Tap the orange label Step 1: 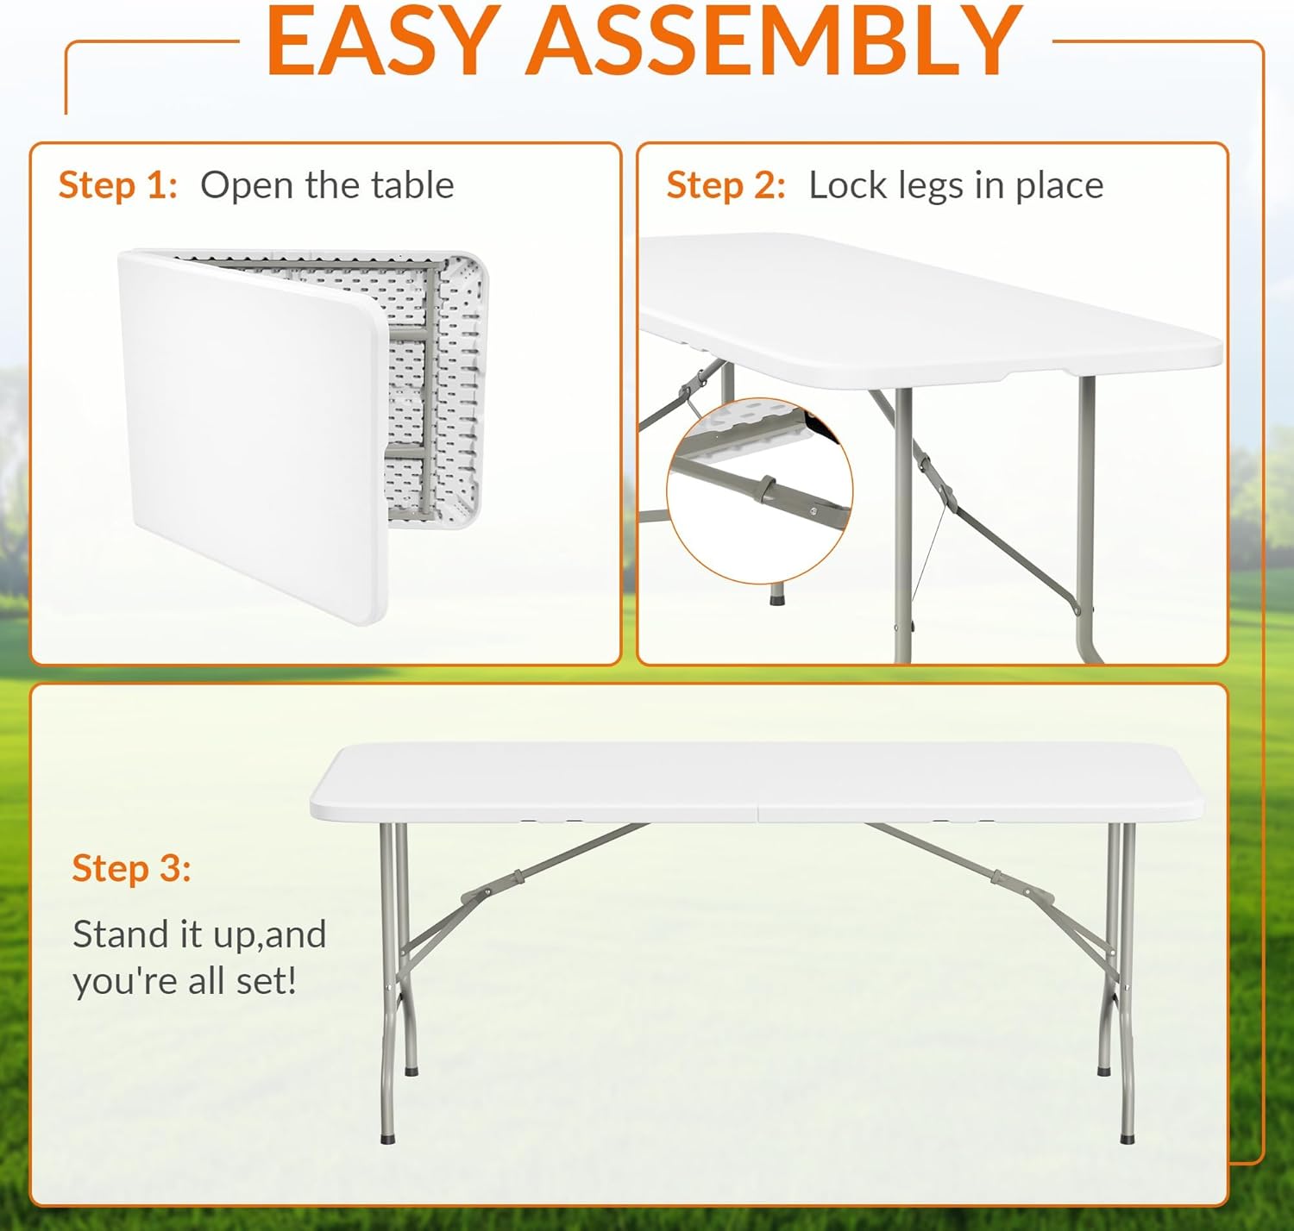coord(118,185)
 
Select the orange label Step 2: coord(726,185)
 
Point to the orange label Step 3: coord(132,868)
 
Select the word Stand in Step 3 coord(121,934)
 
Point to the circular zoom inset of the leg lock coord(759,491)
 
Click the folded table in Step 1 coord(304,435)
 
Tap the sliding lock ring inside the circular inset coord(766,488)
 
